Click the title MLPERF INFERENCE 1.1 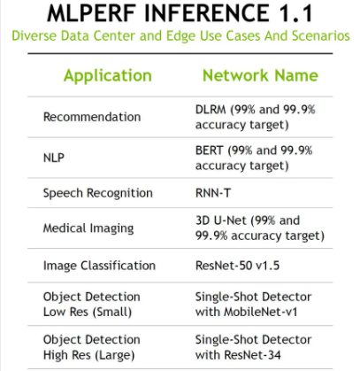pyautogui.click(x=180, y=13)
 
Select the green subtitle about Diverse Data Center pyautogui.click(x=180, y=36)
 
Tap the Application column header pyautogui.click(x=108, y=76)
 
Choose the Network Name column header pyautogui.click(x=260, y=75)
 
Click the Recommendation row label pyautogui.click(x=92, y=117)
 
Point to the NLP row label pyautogui.click(x=54, y=158)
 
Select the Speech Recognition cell pyautogui.click(x=98, y=193)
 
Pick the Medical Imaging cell pyautogui.click(x=88, y=228)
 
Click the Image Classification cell pyautogui.click(x=99, y=266)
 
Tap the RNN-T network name pyautogui.click(x=213, y=193)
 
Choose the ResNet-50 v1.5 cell pyautogui.click(x=237, y=266)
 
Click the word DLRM pyautogui.click(x=211, y=110)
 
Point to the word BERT pyautogui.click(x=209, y=151)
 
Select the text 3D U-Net pyautogui.click(x=220, y=220)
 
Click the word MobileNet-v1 pyautogui.click(x=260, y=312)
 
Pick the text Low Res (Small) pyautogui.click(x=88, y=313)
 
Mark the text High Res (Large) pyautogui.click(x=88, y=355)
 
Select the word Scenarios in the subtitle pyautogui.click(x=321, y=36)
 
